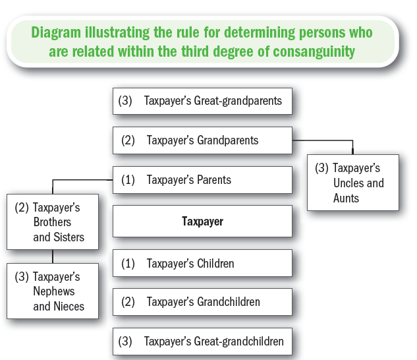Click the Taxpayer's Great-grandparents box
(202, 101)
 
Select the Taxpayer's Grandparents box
(202, 140)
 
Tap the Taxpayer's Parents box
(202, 180)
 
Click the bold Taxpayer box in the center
(202, 222)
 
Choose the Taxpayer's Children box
(202, 263)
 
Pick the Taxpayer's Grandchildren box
(202, 302)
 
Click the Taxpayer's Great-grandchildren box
(202, 342)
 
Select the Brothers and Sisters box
(53, 222)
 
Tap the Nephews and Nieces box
(53, 291)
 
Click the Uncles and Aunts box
(353, 183)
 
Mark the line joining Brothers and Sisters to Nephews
(53, 256)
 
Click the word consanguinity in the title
(314, 51)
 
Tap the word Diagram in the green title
(56, 32)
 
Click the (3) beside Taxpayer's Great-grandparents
(125, 101)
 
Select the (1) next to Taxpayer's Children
(128, 263)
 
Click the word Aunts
(346, 198)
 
